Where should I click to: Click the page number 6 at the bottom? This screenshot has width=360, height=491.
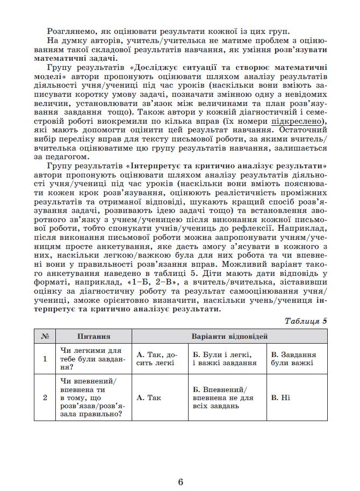click(x=181, y=467)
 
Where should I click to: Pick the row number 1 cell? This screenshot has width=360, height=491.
click(x=45, y=359)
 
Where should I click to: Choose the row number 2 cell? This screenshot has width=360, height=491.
click(x=45, y=398)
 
